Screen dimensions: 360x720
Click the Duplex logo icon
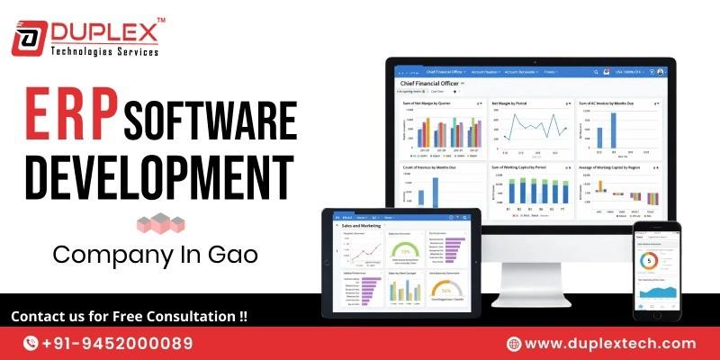[29, 38]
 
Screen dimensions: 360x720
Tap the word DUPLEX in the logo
[103, 31]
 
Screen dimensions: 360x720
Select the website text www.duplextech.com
[610, 343]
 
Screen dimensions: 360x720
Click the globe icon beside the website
[514, 343]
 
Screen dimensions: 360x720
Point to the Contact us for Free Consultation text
[129, 317]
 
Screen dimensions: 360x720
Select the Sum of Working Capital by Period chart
[532, 190]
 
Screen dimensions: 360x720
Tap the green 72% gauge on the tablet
[406, 253]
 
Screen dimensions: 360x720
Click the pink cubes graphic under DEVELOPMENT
[158, 223]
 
